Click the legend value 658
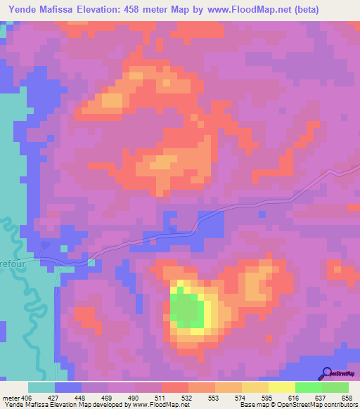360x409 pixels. coord(347,397)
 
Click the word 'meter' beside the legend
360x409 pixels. coord(12,397)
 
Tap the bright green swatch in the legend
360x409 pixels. coord(308,387)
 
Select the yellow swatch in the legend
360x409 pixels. coord(281,387)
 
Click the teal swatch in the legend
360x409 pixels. coord(41,387)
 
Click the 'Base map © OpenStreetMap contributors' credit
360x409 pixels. coord(298,405)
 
